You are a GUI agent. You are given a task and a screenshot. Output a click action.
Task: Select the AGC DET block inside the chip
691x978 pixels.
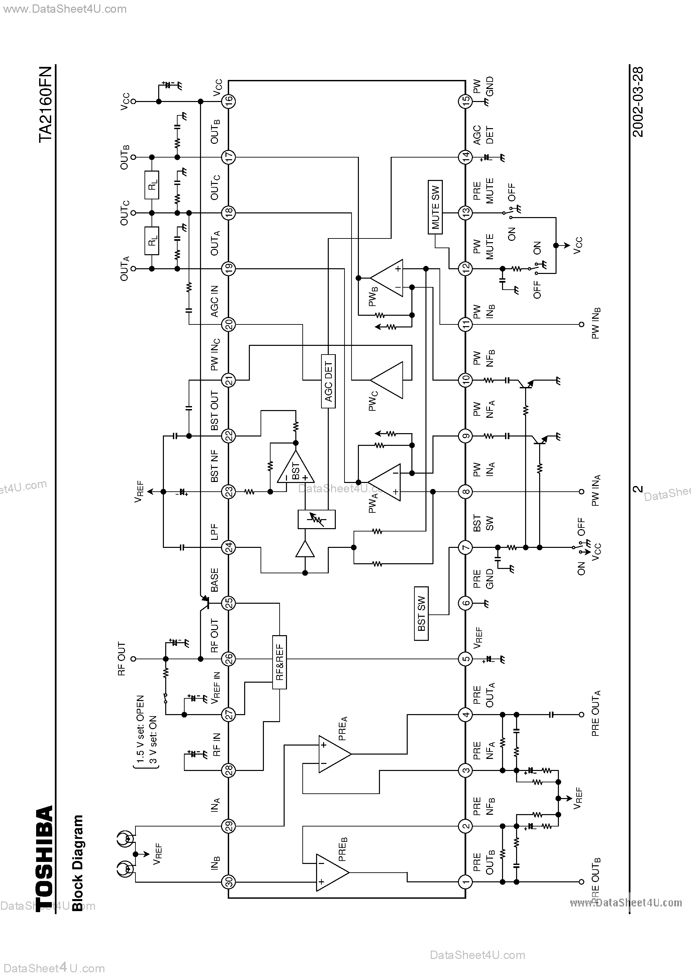click(328, 381)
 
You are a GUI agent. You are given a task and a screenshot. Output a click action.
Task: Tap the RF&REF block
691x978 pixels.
click(280, 662)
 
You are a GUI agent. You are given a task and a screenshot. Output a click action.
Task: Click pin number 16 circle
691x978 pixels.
click(229, 101)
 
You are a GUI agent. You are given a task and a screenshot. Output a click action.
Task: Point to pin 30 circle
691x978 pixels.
click(229, 882)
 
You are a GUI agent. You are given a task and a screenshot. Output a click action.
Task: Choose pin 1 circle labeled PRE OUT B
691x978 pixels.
click(466, 882)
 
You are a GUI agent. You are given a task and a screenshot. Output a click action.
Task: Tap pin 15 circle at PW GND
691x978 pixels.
click(466, 101)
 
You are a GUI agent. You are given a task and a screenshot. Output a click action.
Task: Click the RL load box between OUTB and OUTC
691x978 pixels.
click(152, 185)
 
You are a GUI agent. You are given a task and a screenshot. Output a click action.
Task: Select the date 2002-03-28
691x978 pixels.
click(638, 102)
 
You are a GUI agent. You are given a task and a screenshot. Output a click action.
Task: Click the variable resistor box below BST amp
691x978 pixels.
click(316, 519)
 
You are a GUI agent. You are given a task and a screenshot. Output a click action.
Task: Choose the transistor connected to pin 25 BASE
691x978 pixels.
click(204, 602)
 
